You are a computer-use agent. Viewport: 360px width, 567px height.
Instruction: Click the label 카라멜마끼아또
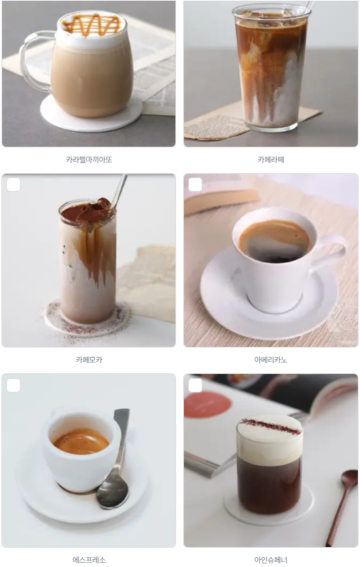(89, 160)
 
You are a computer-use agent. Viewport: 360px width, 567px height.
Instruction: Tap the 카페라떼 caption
(271, 160)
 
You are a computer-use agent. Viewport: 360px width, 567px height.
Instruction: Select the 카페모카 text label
(89, 360)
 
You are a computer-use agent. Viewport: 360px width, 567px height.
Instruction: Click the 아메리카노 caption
(271, 360)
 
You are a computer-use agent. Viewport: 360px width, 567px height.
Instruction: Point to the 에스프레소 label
(89, 560)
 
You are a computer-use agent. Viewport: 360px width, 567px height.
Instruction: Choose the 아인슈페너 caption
(271, 560)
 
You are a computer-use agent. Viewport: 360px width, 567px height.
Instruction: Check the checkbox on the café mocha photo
(14, 184)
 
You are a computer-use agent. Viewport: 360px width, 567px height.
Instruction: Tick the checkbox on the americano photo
(195, 184)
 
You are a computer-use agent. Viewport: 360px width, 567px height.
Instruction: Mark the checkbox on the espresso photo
(14, 385)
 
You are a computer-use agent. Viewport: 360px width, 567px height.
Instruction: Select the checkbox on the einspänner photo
(195, 385)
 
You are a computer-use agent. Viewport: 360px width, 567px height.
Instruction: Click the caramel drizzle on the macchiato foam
(91, 25)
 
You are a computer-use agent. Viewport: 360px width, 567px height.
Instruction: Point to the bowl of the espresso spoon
(113, 491)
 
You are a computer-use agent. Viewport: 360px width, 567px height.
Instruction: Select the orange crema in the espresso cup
(81, 441)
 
